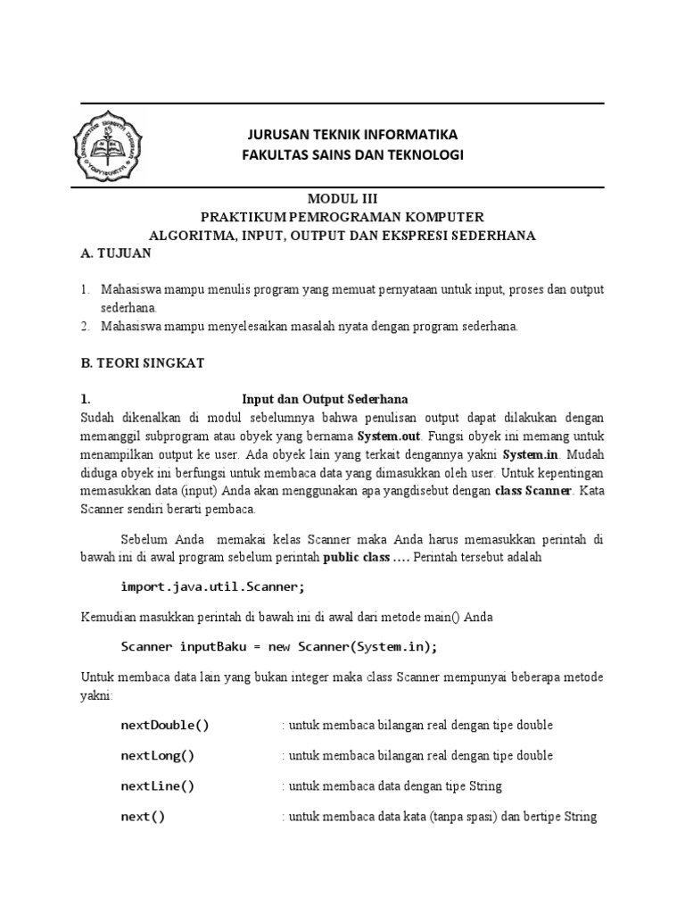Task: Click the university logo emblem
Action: pos(108,145)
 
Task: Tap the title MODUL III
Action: pos(342,199)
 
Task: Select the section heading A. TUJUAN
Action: pos(116,253)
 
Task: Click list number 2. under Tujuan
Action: pos(86,326)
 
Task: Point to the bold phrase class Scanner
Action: pos(532,491)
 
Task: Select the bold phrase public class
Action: pos(356,556)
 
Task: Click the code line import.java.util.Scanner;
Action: pos(213,586)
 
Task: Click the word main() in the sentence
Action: pos(445,617)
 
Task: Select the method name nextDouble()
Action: pos(165,725)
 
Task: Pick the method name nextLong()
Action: pos(158,755)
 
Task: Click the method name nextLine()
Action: pos(158,786)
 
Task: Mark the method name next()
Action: pos(143,817)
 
